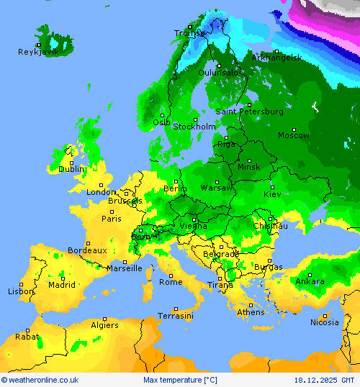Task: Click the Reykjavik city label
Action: pyautogui.click(x=38, y=52)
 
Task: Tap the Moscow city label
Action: pyautogui.click(x=293, y=135)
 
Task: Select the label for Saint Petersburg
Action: pyautogui.click(x=249, y=111)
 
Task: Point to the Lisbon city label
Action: pyautogui.click(x=21, y=291)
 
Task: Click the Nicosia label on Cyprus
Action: pyautogui.click(x=324, y=322)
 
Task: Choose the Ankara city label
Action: pyautogui.click(x=310, y=281)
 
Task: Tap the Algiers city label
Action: pyautogui.click(x=104, y=325)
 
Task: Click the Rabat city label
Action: pyautogui.click(x=27, y=336)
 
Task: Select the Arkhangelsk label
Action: pyautogui.click(x=276, y=58)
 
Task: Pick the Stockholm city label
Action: pyautogui.click(x=194, y=127)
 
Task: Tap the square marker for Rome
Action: pyautogui.click(x=171, y=275)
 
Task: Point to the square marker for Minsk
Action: pyautogui.click(x=249, y=160)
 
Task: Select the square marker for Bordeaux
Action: pyautogui.click(x=87, y=243)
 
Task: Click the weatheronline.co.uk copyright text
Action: pyautogui.click(x=40, y=380)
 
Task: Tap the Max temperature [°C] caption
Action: pyautogui.click(x=180, y=380)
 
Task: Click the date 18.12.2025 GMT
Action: pyautogui.click(x=324, y=380)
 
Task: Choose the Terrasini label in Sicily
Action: pyautogui.click(x=175, y=316)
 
